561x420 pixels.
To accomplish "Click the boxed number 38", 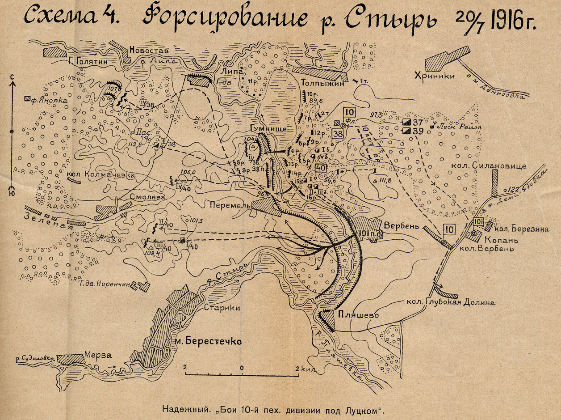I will (338, 133).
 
